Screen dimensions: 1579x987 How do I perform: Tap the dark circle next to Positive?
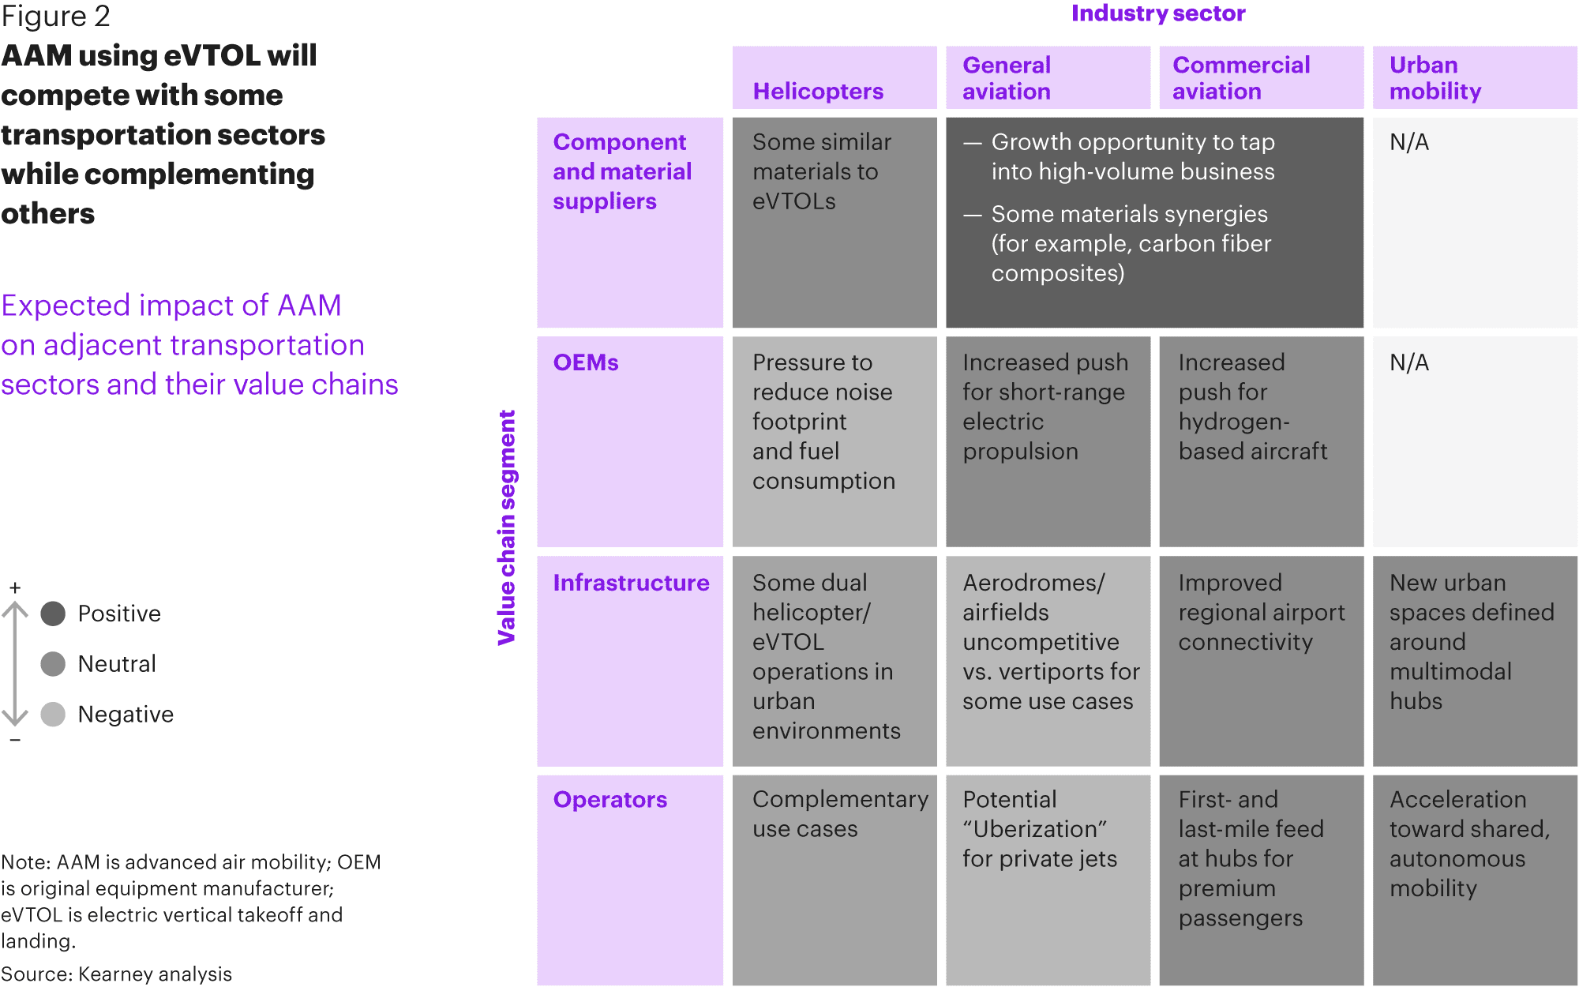click(x=53, y=614)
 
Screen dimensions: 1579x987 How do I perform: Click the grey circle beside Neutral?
click(x=53, y=664)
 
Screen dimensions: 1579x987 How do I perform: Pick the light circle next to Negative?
click(x=53, y=715)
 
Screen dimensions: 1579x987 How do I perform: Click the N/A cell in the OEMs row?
click(x=1475, y=442)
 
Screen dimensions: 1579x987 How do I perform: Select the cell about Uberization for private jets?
click(x=1048, y=880)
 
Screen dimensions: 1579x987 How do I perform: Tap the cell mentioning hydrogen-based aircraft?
click(x=1262, y=442)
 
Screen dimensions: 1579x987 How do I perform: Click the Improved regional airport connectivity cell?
click(x=1262, y=662)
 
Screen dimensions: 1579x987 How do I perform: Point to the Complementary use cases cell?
click(x=835, y=880)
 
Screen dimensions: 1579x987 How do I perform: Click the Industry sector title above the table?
click(x=1158, y=13)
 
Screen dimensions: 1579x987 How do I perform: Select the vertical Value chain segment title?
click(x=507, y=527)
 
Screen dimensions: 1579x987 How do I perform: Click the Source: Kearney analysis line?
click(x=117, y=974)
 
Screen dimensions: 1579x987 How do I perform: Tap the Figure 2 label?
click(x=55, y=17)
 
